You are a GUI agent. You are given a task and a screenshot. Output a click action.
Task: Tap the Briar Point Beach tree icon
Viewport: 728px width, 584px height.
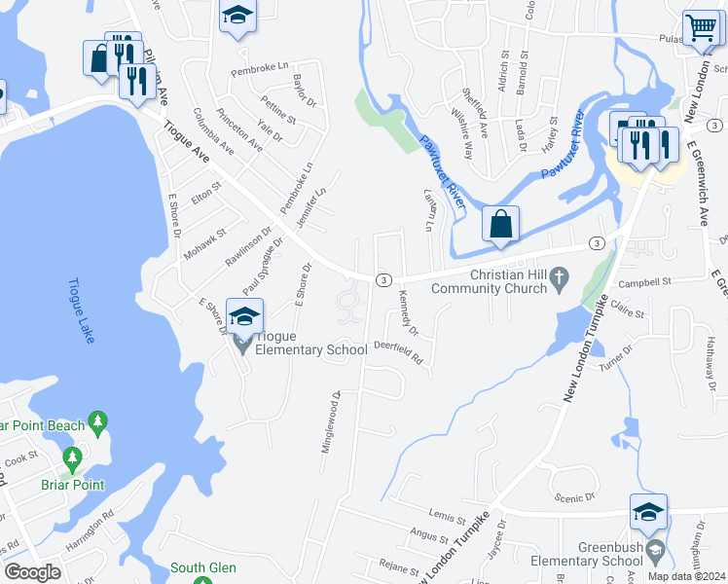[x=96, y=421]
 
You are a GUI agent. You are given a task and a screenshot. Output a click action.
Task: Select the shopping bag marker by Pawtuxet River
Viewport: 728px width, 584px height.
[x=500, y=223]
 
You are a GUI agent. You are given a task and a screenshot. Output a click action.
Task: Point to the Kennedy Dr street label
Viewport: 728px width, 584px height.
[x=408, y=317]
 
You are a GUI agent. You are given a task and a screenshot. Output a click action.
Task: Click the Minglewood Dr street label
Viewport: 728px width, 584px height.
[x=329, y=421]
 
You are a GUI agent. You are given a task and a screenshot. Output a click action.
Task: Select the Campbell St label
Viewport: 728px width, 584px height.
[x=648, y=282]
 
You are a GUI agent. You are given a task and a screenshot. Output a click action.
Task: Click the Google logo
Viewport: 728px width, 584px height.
[x=32, y=572]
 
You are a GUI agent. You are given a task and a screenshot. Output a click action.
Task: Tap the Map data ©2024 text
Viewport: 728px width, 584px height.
[x=686, y=576]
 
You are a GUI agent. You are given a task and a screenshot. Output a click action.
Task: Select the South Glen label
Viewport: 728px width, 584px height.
[x=203, y=567]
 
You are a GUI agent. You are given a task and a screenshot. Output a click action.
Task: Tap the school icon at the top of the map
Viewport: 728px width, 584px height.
[x=237, y=17]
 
